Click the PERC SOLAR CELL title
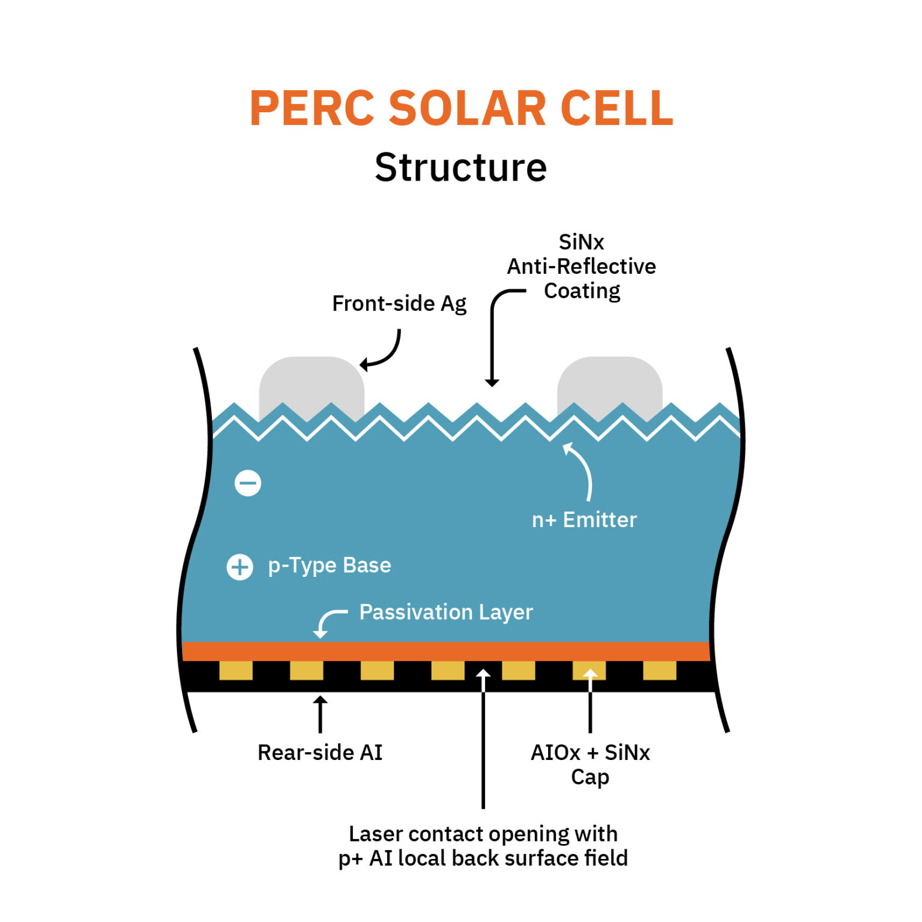[x=461, y=109]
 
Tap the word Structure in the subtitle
[x=460, y=167]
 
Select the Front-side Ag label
[x=399, y=304]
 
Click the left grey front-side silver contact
[x=311, y=384]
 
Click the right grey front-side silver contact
[x=609, y=384]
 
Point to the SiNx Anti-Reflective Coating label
[x=581, y=267]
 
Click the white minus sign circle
[x=248, y=483]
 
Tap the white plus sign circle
[x=240, y=567]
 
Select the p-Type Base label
[x=330, y=565]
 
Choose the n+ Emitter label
[x=584, y=520]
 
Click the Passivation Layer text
[x=445, y=612]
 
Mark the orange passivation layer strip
[x=445, y=651]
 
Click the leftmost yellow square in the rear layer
[x=236, y=670]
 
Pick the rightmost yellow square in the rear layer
[x=659, y=670]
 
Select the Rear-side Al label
[x=320, y=753]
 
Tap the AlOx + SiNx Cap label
[x=590, y=764]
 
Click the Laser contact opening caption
[x=483, y=846]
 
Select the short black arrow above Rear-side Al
[x=321, y=714]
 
